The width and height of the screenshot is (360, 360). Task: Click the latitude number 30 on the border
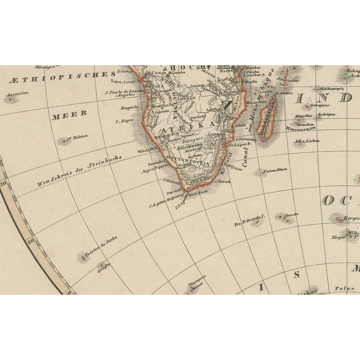31,242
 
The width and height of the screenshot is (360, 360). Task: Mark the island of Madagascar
268,117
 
